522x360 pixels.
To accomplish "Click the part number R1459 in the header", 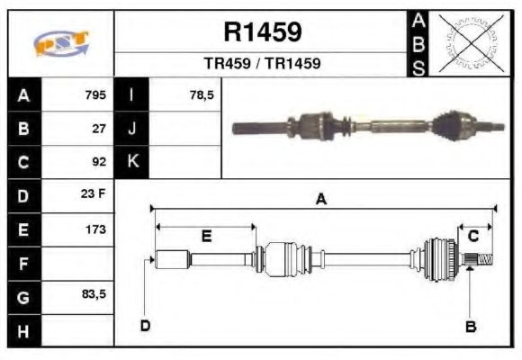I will pos(262,32).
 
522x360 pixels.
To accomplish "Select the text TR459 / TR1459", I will pos(262,65).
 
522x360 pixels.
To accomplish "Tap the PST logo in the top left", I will pos(61,44).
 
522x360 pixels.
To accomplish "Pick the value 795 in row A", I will pos(95,94).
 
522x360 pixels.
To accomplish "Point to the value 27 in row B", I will pos(100,129).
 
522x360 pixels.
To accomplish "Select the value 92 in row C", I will pos(100,163).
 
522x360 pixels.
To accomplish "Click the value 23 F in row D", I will pos(94,195).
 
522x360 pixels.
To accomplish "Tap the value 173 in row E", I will pos(95,229).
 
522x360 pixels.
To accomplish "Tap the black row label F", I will pos(22,264).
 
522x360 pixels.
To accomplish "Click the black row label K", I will pos(132,162).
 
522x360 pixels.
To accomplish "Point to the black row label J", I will pos(132,129).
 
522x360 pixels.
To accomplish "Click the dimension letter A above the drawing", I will pos(321,200).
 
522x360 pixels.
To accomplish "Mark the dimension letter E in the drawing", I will pos(206,237).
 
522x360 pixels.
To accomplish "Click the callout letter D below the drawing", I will pos(144,325).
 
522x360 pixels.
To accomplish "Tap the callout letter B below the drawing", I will pos(470,326).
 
